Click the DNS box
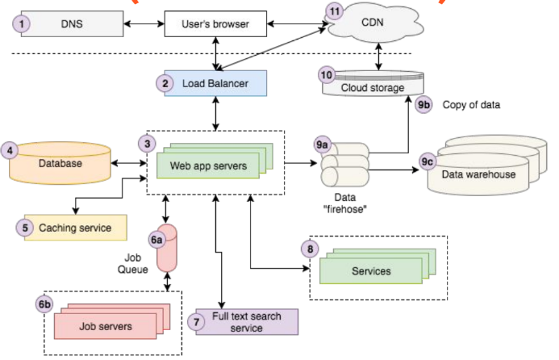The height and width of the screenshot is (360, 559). [x=72, y=24]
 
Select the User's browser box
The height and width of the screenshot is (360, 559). [x=215, y=24]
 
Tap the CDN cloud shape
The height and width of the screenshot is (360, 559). [x=374, y=23]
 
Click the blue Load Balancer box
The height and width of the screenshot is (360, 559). [x=215, y=83]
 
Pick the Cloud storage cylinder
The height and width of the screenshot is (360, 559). [x=373, y=83]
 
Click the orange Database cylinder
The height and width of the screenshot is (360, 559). [x=60, y=163]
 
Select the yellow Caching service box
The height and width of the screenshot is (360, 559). [x=75, y=228]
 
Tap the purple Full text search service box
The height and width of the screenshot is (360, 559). [x=247, y=322]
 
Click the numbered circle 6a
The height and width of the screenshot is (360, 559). [x=156, y=240]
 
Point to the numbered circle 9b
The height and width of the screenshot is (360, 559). [x=423, y=105]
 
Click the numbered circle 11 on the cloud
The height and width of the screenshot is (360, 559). [x=335, y=11]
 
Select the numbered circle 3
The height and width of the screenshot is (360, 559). [x=148, y=144]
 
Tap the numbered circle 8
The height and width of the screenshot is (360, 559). [x=311, y=249]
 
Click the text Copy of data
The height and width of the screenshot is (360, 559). [x=471, y=105]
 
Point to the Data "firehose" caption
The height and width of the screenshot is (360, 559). [x=344, y=203]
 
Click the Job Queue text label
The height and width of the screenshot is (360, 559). [x=132, y=263]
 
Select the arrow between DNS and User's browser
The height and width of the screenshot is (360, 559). [x=144, y=24]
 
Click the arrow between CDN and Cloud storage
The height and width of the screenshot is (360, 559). [x=378, y=57]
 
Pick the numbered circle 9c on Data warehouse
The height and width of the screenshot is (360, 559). [x=427, y=162]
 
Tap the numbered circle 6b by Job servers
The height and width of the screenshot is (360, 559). [x=44, y=304]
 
